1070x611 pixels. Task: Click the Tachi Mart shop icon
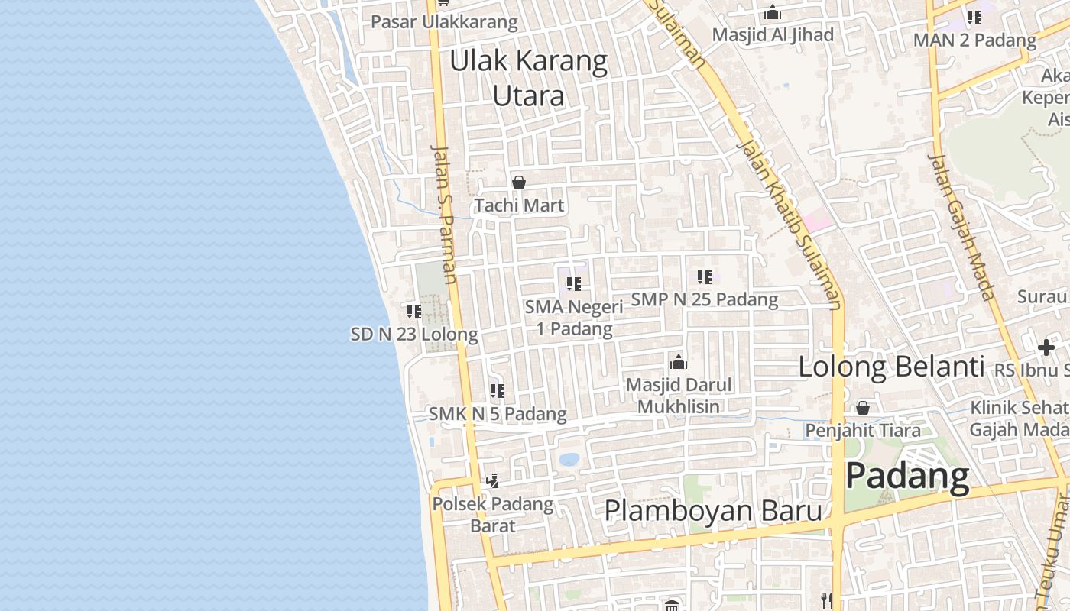(519, 183)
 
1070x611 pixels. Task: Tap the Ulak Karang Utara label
(529, 78)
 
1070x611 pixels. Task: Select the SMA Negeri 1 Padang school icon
(574, 284)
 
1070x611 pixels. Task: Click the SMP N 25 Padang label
(705, 299)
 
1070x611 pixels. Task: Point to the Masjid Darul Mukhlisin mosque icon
(678, 362)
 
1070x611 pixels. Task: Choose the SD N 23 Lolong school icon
(413, 311)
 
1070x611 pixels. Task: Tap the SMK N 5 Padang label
(498, 414)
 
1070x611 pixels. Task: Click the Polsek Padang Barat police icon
(493, 481)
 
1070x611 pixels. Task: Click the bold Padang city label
(908, 476)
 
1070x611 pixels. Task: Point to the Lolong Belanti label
(891, 367)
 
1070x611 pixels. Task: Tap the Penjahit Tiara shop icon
(863, 408)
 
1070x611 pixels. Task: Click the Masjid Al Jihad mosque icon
(773, 13)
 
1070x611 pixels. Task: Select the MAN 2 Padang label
(974, 40)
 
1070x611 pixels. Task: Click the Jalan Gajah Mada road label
(961, 226)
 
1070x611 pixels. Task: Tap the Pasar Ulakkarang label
(444, 22)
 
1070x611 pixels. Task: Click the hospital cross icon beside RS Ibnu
(1046, 348)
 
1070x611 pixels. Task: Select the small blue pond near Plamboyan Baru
(569, 459)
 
